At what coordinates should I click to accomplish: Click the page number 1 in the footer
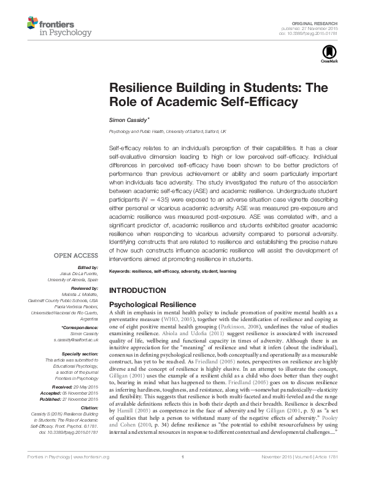point(183,472)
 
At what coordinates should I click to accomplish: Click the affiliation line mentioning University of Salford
point(167,132)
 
